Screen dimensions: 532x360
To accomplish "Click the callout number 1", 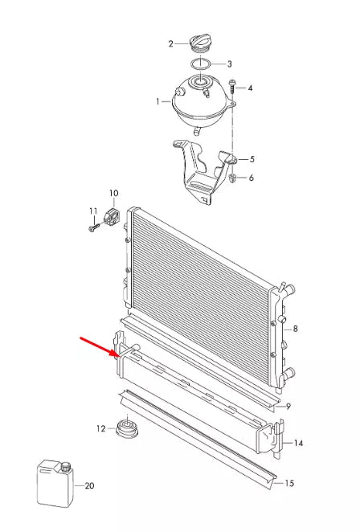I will pos(158,102).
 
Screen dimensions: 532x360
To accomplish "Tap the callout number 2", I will pos(170,43).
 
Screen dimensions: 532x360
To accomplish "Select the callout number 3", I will pos(229,64).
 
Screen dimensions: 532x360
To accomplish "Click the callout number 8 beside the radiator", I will pos(296,329).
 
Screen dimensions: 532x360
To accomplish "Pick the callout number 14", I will pos(299,443).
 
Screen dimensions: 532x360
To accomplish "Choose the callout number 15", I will pos(290,483).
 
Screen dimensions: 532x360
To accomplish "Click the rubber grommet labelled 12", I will pos(125,428).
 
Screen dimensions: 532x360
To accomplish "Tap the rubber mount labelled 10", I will pos(112,216).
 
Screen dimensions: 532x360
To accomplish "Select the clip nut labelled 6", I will pos(231,177).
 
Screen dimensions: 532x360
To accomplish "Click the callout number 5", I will pos(252,159).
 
